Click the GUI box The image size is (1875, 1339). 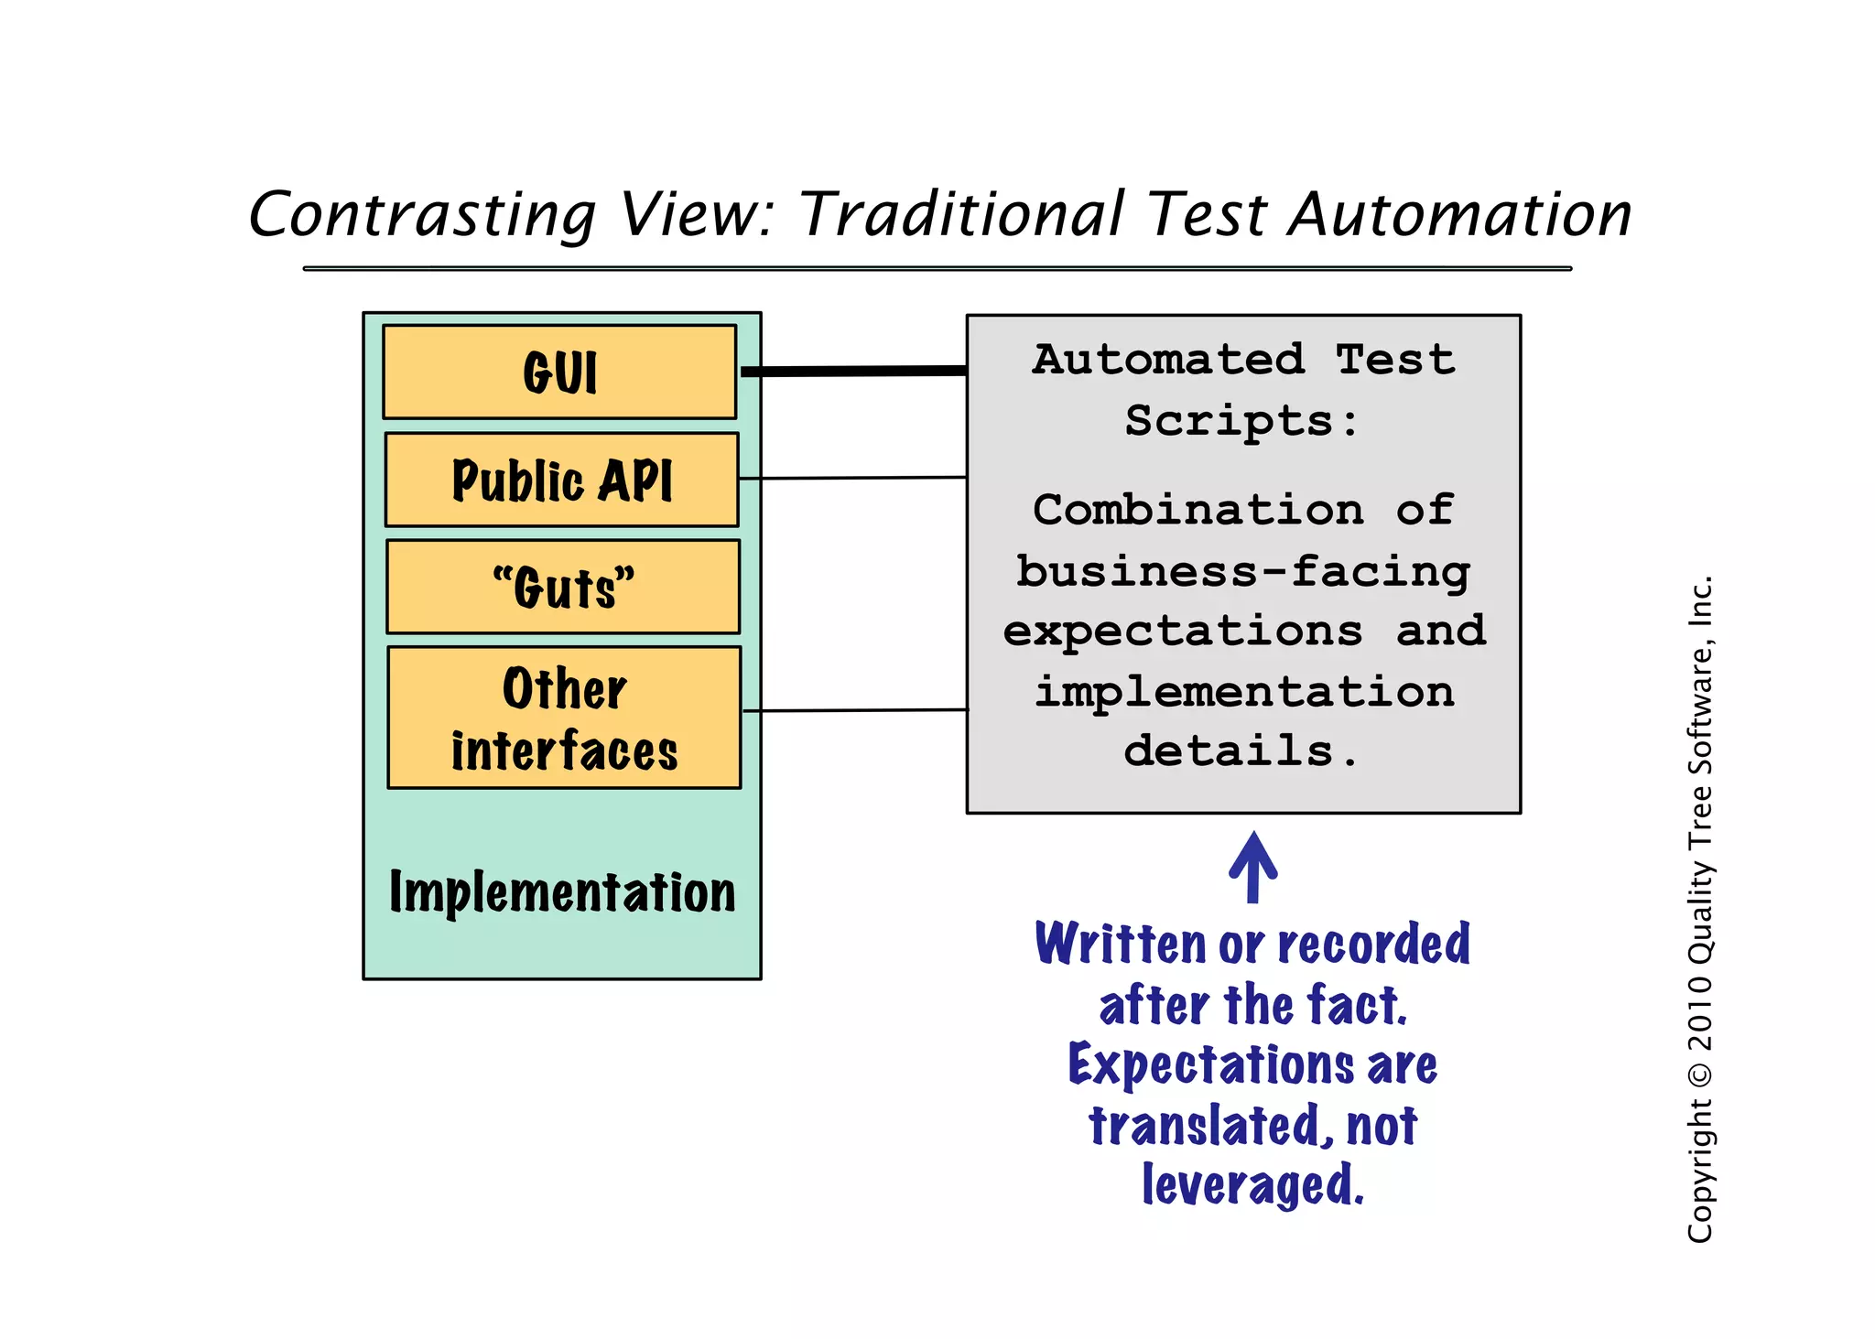click(x=559, y=373)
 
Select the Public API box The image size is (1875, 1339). click(x=561, y=480)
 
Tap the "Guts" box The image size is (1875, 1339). click(x=563, y=587)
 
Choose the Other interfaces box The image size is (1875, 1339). click(x=564, y=718)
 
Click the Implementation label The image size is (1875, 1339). click(x=562, y=892)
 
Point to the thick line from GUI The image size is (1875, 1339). click(x=853, y=372)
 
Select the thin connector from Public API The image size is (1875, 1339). click(x=853, y=478)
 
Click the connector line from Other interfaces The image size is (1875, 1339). click(x=855, y=710)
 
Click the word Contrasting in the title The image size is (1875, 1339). click(x=422, y=215)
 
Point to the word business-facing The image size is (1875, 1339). click(x=1242, y=572)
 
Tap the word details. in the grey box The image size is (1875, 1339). click(x=1241, y=751)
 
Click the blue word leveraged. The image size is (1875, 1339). click(x=1252, y=1185)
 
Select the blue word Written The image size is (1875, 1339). click(x=1121, y=945)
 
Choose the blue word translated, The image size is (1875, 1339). click(x=1205, y=1126)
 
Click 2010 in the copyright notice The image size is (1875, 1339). click(x=1699, y=1012)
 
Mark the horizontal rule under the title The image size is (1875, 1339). click(x=937, y=268)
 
